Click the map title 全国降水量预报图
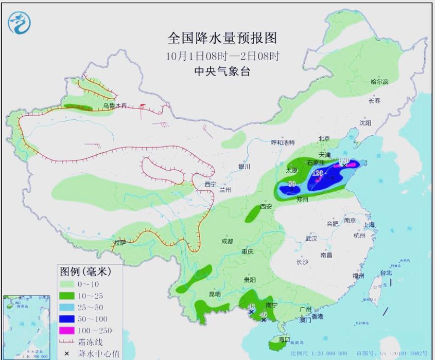pos(222,38)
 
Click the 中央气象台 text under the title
pos(223,71)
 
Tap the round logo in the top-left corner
pos(20,22)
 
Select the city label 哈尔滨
pos(379,82)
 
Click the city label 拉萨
pos(119,243)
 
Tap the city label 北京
pos(324,138)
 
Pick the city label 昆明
pos(215,294)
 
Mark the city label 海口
pos(285,340)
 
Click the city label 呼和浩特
pos(283,142)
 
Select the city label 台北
pos(386,273)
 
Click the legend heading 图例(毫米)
pos(85,271)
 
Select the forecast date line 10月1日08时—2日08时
pos(223,55)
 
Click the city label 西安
pos(266,206)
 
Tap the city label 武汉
pos(311,239)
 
